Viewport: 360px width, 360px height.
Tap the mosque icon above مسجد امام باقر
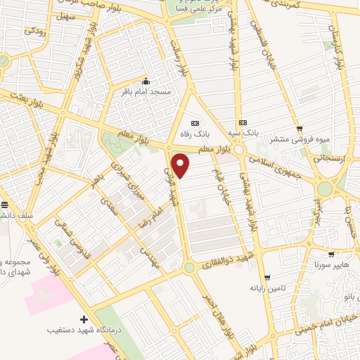click(146, 80)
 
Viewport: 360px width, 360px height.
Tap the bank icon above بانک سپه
click(243, 122)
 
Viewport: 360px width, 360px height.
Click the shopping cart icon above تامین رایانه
click(266, 277)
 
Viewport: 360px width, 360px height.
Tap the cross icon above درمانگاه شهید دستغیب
click(84, 319)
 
